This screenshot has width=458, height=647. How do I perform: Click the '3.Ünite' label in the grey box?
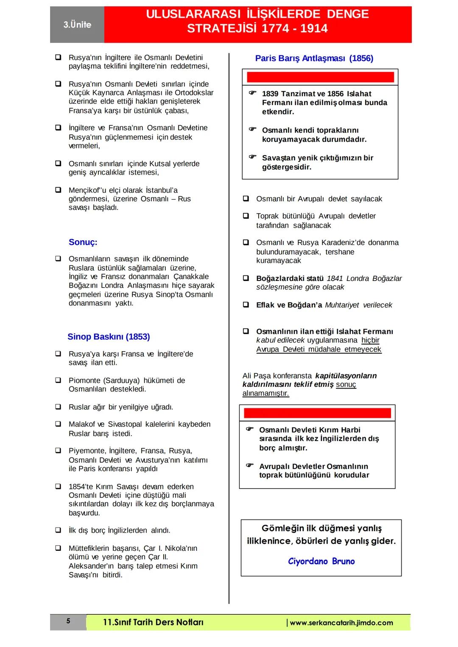77,25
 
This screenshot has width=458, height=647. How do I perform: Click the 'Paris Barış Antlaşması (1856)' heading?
314,58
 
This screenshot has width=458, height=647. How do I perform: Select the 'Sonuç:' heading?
83,242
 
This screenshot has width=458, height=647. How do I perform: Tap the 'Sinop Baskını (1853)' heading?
109,337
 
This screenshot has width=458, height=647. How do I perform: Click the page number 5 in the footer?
68,622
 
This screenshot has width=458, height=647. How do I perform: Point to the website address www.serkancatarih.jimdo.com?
341,623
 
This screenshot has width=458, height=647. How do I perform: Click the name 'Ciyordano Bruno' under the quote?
321,561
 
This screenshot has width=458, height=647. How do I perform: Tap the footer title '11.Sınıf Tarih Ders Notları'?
153,622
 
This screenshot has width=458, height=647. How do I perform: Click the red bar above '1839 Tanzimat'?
320,77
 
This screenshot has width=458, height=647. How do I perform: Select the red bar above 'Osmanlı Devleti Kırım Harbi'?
317,413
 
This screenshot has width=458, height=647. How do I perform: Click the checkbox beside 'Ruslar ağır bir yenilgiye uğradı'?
58,407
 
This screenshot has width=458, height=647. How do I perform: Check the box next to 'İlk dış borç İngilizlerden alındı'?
58,530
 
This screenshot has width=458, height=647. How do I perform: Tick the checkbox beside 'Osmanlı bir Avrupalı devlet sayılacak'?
246,198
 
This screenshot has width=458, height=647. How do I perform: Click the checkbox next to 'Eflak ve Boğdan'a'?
246,305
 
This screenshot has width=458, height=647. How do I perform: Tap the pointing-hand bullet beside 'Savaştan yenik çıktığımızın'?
252,157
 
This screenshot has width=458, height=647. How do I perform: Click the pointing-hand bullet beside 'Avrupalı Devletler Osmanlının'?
250,465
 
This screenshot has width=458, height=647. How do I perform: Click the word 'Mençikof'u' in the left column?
87,190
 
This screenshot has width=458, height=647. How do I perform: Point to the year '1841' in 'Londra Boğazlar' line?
335,278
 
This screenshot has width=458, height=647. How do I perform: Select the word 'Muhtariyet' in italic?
342,305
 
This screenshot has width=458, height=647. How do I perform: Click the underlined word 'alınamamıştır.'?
265,393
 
